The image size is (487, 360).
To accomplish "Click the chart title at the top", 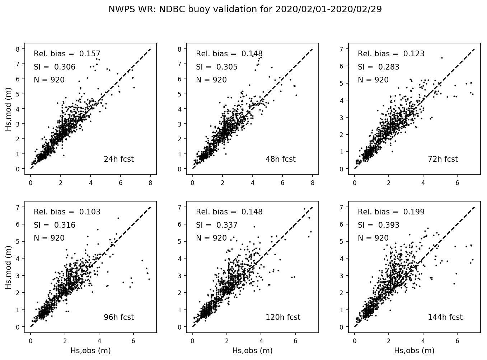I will (245, 9).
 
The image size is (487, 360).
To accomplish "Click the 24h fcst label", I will (118, 159).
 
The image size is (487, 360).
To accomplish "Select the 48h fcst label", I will (280, 159).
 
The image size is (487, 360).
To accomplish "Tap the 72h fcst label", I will (442, 159).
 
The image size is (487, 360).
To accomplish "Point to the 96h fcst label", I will (118, 317).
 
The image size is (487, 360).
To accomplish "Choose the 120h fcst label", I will (283, 317).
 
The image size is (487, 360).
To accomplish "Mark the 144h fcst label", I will (445, 317).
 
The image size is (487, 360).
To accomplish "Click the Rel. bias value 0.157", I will (90, 54).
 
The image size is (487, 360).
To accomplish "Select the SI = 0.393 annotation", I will (378, 225).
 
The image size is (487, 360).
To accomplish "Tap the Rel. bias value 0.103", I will (90, 212).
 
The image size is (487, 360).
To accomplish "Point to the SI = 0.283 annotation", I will (378, 67).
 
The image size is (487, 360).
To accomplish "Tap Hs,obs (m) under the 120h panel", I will (252, 351).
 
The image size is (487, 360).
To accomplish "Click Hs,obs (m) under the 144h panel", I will (414, 351).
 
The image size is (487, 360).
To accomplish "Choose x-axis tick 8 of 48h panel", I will (313, 183).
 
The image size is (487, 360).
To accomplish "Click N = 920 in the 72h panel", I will (373, 80).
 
